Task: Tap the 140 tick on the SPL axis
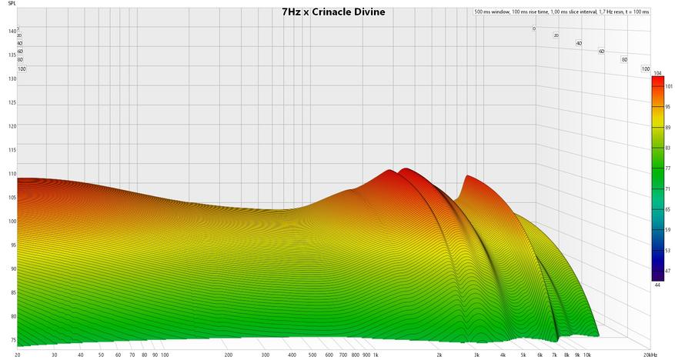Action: [x=12, y=32]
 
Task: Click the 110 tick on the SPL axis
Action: [x=12, y=174]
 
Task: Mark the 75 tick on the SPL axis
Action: [x=12, y=339]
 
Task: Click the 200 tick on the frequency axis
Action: [x=229, y=355]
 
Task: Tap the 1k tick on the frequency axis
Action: [x=376, y=355]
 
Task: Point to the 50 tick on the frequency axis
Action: [x=101, y=355]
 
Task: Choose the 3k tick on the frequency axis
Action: [x=477, y=355]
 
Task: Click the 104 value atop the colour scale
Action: [x=657, y=73]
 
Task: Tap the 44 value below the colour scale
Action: [x=657, y=285]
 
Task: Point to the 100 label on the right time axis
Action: [x=646, y=69]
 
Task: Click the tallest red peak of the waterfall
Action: [x=403, y=169]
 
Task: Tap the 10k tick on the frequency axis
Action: [x=587, y=355]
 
